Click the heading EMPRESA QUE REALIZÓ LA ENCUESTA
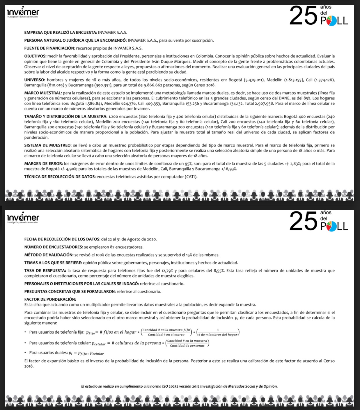pyautogui.click(x=61, y=33)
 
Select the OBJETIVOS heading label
pyautogui.click(x=35, y=56)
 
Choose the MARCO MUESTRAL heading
pyautogui.click(x=43, y=93)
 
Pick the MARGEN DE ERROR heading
pyautogui.click(x=43, y=164)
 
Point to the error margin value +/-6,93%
pyautogui.click(x=229, y=169)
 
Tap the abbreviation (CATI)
pyautogui.click(x=191, y=177)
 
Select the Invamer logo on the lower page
pyautogui.click(x=23, y=218)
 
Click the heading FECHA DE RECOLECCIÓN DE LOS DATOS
pyautogui.click(x=62, y=239)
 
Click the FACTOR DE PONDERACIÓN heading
pyautogui.click(x=50, y=299)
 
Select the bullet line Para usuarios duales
pyautogui.click(x=66, y=353)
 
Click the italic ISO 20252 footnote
pyautogui.click(x=179, y=386)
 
